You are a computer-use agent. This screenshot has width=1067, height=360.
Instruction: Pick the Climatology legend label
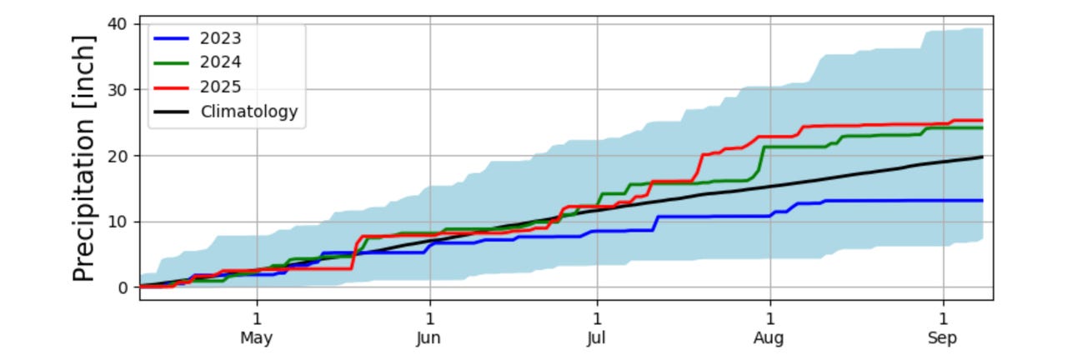248,111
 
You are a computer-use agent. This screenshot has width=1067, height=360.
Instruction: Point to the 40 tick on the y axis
118,23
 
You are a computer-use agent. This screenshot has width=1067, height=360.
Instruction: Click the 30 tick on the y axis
118,89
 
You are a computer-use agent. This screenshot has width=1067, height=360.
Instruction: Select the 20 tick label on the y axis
118,156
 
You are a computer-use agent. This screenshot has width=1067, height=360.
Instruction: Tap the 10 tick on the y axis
118,222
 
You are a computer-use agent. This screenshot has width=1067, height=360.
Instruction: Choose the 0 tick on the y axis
123,287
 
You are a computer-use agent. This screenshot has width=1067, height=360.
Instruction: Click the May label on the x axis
257,338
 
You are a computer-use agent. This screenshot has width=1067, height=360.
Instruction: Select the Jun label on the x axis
429,338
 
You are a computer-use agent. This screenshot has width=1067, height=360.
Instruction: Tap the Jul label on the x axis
597,338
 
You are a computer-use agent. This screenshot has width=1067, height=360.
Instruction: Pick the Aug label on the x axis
769,338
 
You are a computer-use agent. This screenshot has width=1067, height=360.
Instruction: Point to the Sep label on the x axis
943,338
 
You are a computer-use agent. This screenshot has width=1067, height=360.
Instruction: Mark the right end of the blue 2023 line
983,200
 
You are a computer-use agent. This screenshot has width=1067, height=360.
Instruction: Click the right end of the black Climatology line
983,157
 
